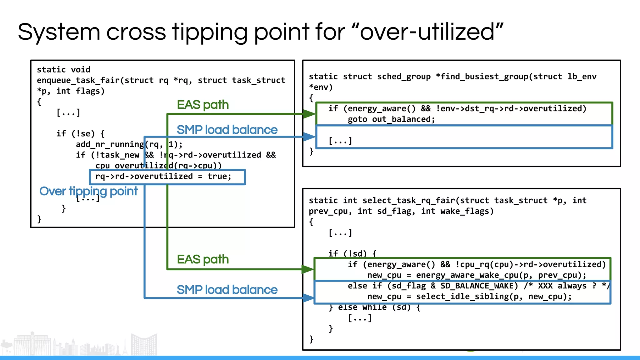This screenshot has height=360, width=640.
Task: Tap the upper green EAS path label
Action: coord(202,105)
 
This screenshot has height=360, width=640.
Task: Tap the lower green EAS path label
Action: coord(202,259)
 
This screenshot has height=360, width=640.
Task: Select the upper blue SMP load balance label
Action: coord(227,130)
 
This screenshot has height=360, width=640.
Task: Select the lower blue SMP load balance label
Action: coord(227,290)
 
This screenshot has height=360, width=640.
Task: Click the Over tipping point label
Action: coord(88,191)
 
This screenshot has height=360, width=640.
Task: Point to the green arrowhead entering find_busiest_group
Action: coord(309,114)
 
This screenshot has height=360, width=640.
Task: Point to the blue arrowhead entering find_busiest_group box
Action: coord(309,137)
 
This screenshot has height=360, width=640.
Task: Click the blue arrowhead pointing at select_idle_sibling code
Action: coord(308,298)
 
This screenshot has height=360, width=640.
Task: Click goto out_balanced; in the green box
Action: coord(391,119)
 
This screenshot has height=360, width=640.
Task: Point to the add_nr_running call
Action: coord(109,144)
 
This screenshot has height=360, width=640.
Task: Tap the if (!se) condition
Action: coord(80,134)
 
